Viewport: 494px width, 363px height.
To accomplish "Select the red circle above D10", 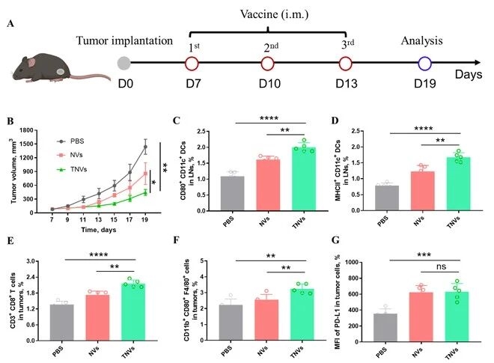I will click(x=270, y=64).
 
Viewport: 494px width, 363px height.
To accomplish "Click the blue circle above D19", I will click(x=425, y=64).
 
